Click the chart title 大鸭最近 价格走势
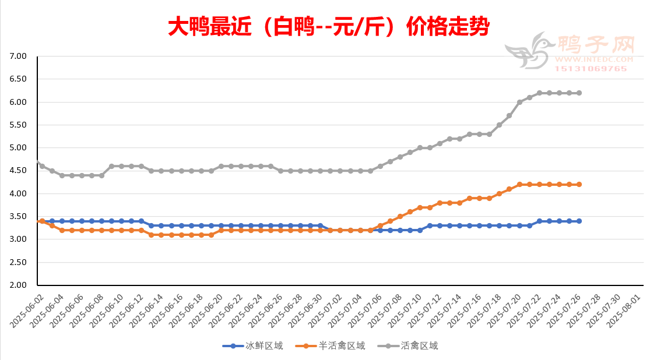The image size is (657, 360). coord(328,27)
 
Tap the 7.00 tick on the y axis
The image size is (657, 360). coord(19,57)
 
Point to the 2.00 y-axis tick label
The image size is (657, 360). coord(19,285)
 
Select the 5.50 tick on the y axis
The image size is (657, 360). coord(19,125)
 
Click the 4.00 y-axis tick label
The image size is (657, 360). coord(19,194)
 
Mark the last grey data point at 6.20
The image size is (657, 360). coord(579,93)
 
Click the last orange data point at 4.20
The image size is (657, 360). coord(579,185)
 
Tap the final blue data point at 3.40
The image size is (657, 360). coord(579,221)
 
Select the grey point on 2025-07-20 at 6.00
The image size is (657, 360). coord(519,102)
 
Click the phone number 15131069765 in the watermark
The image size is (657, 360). coord(591,69)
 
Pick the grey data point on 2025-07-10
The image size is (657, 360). coord(420,148)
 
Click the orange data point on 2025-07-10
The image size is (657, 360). coord(420,207)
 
